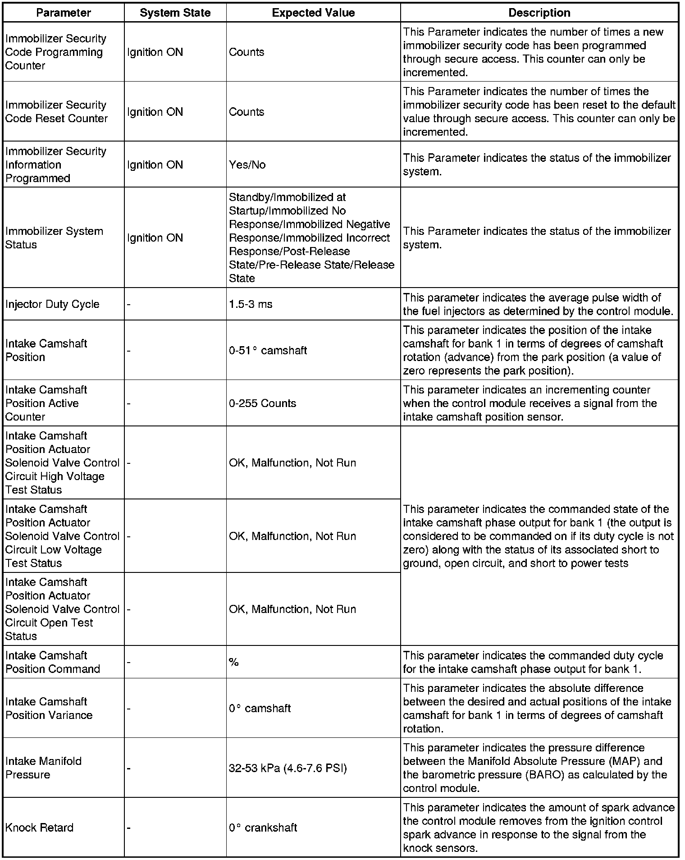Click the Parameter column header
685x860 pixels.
coord(64,13)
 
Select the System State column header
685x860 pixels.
coord(175,13)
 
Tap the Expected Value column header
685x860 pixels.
coord(313,13)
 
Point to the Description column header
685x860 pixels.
coord(539,13)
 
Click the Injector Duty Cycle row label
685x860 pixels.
coord(52,304)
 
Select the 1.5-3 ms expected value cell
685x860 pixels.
coord(251,304)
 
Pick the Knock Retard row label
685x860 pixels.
coord(39,828)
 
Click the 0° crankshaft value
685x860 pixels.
coord(263,828)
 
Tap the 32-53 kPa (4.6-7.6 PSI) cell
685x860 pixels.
coord(288,768)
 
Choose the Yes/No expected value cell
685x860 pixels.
coord(247,165)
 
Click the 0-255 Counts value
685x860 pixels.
coord(263,403)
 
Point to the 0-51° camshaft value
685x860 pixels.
coord(268,350)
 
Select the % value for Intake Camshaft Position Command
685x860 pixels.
coord(234,662)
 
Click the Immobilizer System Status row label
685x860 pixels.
coord(54,238)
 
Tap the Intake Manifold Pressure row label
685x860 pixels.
coord(43,768)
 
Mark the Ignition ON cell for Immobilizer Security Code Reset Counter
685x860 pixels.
coord(155,112)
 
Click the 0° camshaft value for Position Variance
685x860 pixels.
coord(260,708)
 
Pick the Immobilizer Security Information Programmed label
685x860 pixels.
coord(55,165)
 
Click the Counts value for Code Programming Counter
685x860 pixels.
coord(247,52)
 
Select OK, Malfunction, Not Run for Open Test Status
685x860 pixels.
coord(292,609)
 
